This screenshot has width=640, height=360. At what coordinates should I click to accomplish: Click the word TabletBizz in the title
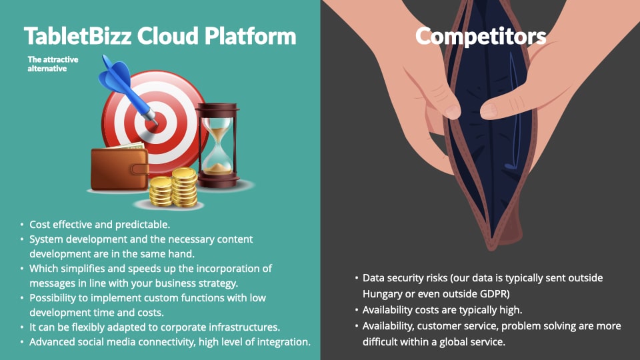tap(77, 36)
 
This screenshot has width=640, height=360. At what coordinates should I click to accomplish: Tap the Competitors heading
tap(481, 37)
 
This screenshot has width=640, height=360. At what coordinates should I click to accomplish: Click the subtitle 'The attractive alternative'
tap(53, 64)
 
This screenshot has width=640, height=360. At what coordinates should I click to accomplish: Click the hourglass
tap(217, 145)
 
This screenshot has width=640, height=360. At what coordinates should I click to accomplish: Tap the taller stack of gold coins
tap(185, 187)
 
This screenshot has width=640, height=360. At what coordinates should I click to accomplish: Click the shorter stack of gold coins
tap(161, 191)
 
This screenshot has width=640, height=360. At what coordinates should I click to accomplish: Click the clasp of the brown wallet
tap(139, 169)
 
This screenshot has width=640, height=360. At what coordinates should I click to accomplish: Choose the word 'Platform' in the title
tap(250, 36)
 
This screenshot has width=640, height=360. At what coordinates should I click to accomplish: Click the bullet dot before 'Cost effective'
tap(22, 225)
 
